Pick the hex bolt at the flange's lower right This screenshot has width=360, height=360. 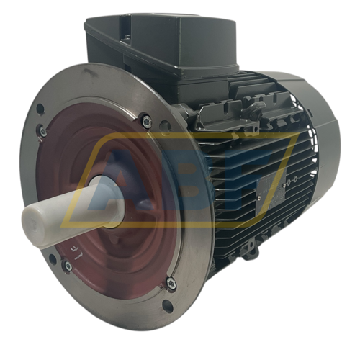(x=170, y=283)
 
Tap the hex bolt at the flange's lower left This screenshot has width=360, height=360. (x=67, y=266)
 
